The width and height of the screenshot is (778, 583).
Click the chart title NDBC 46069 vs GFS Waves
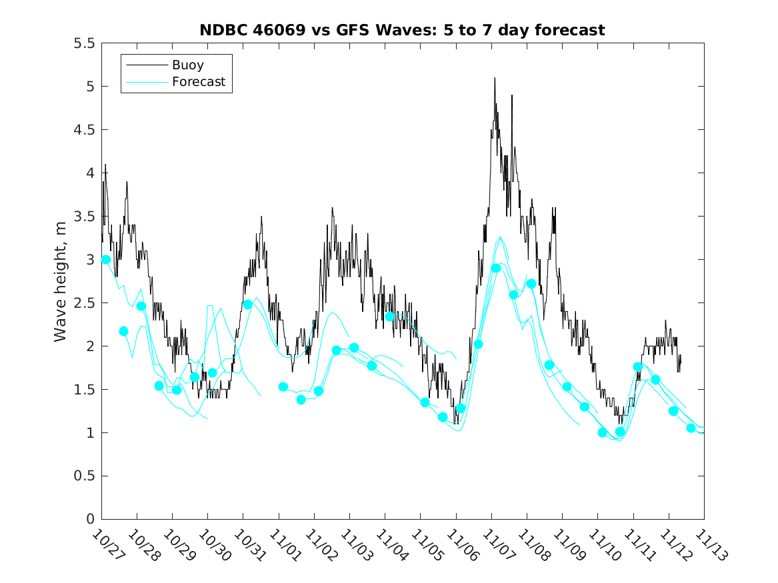pyautogui.click(x=402, y=31)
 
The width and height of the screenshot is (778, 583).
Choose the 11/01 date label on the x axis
pyautogui.click(x=284, y=545)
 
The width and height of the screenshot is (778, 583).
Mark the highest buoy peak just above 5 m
pyautogui.click(x=495, y=78)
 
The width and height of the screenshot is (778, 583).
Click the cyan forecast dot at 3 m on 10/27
pyautogui.click(x=105, y=259)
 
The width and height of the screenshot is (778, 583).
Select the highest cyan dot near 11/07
pyautogui.click(x=496, y=268)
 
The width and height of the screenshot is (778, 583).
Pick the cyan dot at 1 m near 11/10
pyautogui.click(x=603, y=432)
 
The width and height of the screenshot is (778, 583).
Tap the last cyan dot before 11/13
pyautogui.click(x=691, y=428)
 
